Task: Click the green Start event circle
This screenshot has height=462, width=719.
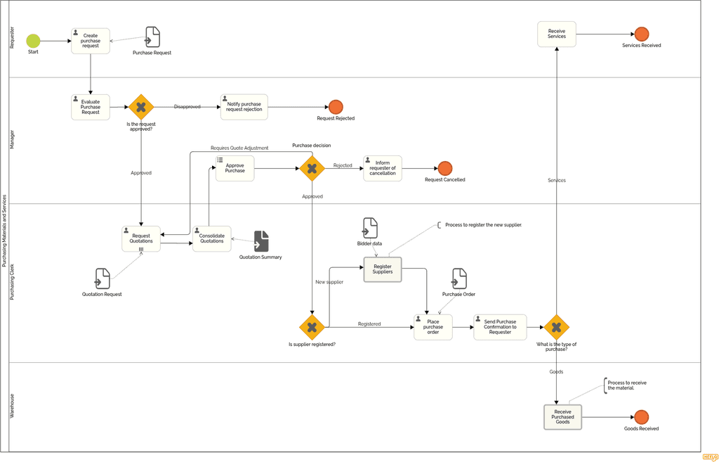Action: click(x=33, y=41)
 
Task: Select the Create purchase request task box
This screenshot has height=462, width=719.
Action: click(x=91, y=41)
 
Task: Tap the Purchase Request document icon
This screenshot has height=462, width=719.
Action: click(x=152, y=37)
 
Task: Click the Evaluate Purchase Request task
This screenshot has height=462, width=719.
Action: click(x=91, y=107)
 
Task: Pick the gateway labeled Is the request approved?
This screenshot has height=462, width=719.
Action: click(x=140, y=107)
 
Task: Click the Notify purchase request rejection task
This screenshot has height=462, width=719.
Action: click(x=244, y=107)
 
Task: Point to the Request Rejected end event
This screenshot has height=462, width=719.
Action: click(x=336, y=107)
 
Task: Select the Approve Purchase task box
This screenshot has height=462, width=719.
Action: click(x=235, y=169)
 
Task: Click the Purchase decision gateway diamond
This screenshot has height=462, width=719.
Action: click(x=312, y=169)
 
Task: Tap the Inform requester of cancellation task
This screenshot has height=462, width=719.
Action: click(x=383, y=169)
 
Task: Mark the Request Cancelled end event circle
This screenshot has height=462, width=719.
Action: click(x=444, y=168)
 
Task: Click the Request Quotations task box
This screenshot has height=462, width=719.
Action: click(x=141, y=239)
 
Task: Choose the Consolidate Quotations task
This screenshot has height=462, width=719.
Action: click(x=211, y=239)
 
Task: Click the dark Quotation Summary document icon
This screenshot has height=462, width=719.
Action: click(x=261, y=241)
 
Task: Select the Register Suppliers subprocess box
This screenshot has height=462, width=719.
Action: click(x=383, y=269)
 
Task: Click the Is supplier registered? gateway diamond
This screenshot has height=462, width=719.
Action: click(x=312, y=327)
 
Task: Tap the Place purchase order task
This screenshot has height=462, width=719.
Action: click(x=433, y=327)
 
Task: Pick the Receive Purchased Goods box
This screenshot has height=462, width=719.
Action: click(x=562, y=417)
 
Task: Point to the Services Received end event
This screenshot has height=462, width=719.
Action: click(x=641, y=34)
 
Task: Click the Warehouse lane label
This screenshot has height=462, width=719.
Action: click(x=12, y=406)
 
